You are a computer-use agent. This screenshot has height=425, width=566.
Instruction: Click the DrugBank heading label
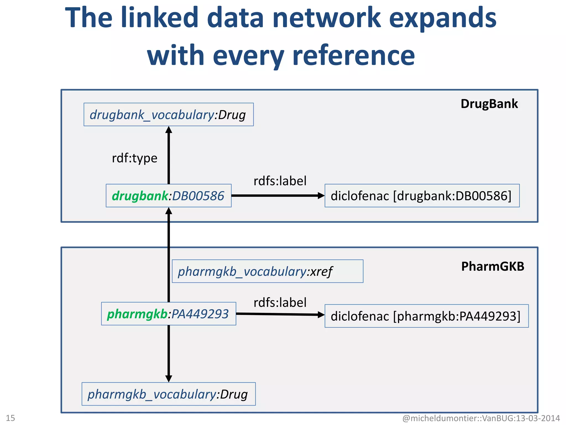(x=489, y=104)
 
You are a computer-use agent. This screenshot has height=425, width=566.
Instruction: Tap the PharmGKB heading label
(x=492, y=266)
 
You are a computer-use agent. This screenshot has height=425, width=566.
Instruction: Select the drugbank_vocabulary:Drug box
(x=168, y=115)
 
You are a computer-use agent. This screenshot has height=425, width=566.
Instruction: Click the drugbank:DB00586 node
(x=168, y=196)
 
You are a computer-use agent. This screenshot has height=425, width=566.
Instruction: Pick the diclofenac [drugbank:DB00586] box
(x=422, y=196)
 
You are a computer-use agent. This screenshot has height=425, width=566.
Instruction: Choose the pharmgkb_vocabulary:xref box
(x=267, y=271)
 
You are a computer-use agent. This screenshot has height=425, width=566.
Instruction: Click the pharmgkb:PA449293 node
(x=168, y=314)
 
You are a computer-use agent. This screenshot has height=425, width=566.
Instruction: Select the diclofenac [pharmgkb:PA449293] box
(x=426, y=316)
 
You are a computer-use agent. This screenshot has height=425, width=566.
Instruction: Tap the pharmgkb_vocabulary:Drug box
(x=168, y=394)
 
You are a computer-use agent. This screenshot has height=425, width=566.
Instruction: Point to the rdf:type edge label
(x=135, y=158)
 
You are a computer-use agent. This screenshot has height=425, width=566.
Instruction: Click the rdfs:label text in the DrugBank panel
(x=280, y=181)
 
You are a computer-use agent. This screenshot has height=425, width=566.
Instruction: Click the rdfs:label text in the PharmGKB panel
(x=280, y=302)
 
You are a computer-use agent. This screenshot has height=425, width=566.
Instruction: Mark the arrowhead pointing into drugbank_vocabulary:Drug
(x=169, y=130)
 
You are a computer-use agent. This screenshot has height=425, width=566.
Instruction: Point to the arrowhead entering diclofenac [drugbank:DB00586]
(x=321, y=196)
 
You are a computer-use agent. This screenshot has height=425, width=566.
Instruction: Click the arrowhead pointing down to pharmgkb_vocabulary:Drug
(x=169, y=379)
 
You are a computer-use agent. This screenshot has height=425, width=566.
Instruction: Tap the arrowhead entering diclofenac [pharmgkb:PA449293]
(x=321, y=315)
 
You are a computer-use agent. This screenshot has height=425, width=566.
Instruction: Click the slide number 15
(x=11, y=418)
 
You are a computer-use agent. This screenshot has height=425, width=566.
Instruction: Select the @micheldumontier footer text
(x=481, y=418)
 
